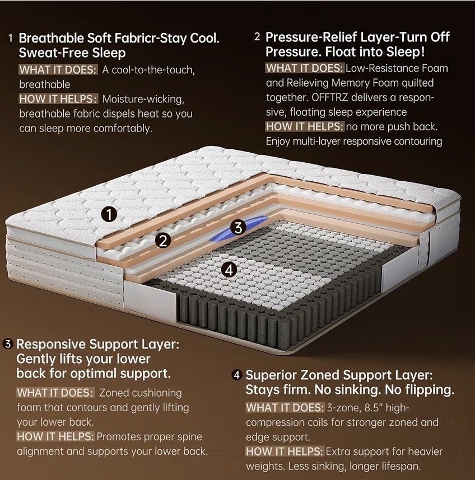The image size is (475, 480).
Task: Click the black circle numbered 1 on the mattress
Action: pyautogui.click(x=109, y=214)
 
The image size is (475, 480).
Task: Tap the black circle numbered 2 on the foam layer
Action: pyautogui.click(x=163, y=241)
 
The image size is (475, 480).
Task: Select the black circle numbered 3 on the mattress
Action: pyautogui.click(x=238, y=228)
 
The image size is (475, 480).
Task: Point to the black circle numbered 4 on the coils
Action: pyautogui.click(x=229, y=270)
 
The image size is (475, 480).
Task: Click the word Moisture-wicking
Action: pyautogui.click(x=143, y=99)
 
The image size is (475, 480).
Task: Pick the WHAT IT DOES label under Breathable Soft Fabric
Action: pyautogui.click(x=58, y=70)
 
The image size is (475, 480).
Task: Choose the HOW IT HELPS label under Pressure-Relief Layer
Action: pyautogui.click(x=305, y=126)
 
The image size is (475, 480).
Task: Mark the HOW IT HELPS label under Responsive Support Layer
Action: pyautogui.click(x=55, y=436)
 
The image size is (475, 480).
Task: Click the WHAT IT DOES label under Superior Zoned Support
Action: pyautogui.click(x=285, y=408)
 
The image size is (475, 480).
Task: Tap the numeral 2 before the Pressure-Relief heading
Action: pyautogui.click(x=257, y=37)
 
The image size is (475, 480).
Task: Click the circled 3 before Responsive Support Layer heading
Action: pyautogui.click(x=8, y=344)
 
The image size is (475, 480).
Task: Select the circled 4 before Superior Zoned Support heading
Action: pyautogui.click(x=236, y=375)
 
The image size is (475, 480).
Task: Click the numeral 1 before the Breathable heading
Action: pyautogui.click(x=11, y=38)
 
